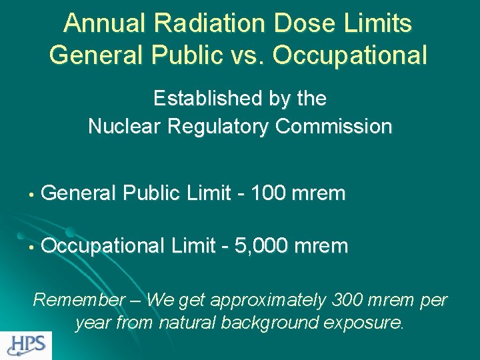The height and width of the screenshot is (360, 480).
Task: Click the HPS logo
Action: (26, 345)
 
